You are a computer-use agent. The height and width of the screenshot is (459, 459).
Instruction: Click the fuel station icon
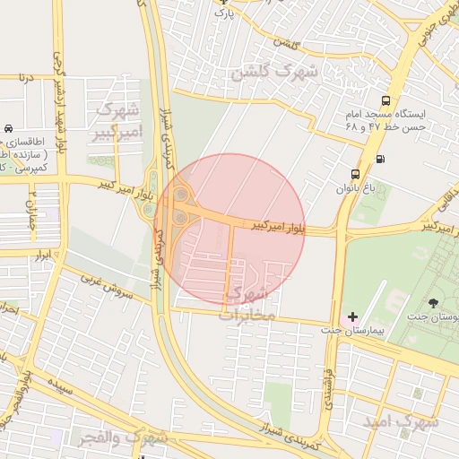pyautogui.click(x=380, y=160)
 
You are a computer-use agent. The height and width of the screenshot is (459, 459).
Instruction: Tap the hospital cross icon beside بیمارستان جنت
pyautogui.click(x=352, y=316)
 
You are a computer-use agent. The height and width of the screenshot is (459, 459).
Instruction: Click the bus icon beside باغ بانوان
pyautogui.click(x=356, y=174)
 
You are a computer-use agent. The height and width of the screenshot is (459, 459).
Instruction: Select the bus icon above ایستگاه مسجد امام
pyautogui.click(x=385, y=101)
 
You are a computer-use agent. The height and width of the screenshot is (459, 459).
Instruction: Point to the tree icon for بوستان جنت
pyautogui.click(x=434, y=302)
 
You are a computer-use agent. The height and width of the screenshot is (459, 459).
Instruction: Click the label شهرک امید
pyautogui.click(x=401, y=420)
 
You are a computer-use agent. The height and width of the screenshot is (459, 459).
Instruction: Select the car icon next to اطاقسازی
pyautogui.click(x=8, y=129)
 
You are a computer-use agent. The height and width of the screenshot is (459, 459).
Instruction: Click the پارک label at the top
pyautogui.click(x=227, y=13)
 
